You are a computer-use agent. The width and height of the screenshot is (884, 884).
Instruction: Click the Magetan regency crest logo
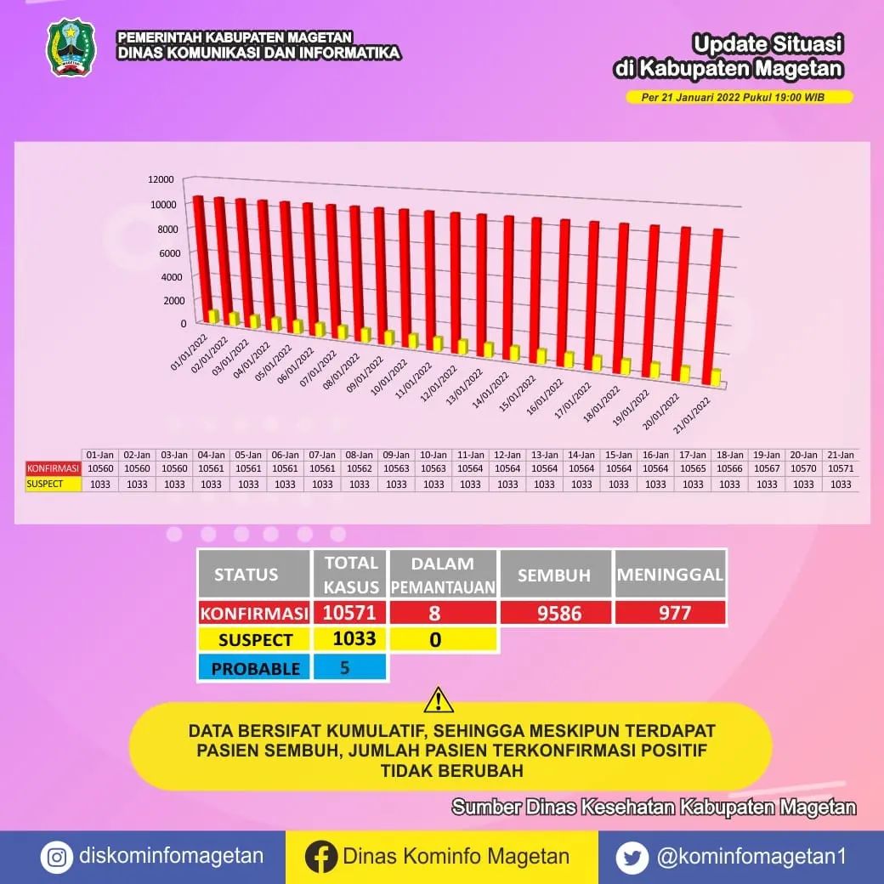(x=71, y=48)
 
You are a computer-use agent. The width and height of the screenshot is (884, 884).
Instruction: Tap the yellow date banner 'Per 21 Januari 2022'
(x=738, y=97)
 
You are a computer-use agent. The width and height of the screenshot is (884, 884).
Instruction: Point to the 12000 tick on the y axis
(x=160, y=179)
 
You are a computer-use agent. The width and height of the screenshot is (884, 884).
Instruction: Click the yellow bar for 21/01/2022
(x=716, y=377)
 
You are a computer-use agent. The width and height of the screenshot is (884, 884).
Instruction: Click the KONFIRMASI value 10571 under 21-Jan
(x=840, y=468)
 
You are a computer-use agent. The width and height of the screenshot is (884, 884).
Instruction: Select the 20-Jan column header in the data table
(x=803, y=455)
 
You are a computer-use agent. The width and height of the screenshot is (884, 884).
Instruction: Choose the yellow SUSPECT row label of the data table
(x=53, y=484)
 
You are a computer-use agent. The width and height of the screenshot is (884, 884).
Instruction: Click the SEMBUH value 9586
(x=555, y=613)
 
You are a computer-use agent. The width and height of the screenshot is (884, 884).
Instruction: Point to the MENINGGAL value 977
(x=671, y=613)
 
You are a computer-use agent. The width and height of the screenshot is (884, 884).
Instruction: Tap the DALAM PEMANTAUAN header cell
(x=442, y=574)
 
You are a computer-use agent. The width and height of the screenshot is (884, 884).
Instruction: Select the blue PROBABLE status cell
(x=255, y=668)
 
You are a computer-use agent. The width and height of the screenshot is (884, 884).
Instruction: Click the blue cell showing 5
(x=350, y=667)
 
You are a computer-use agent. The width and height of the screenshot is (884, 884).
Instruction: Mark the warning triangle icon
(x=439, y=700)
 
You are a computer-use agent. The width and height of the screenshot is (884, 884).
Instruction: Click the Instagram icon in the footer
(x=56, y=858)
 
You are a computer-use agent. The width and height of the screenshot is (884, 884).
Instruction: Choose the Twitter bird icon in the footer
(x=632, y=858)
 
